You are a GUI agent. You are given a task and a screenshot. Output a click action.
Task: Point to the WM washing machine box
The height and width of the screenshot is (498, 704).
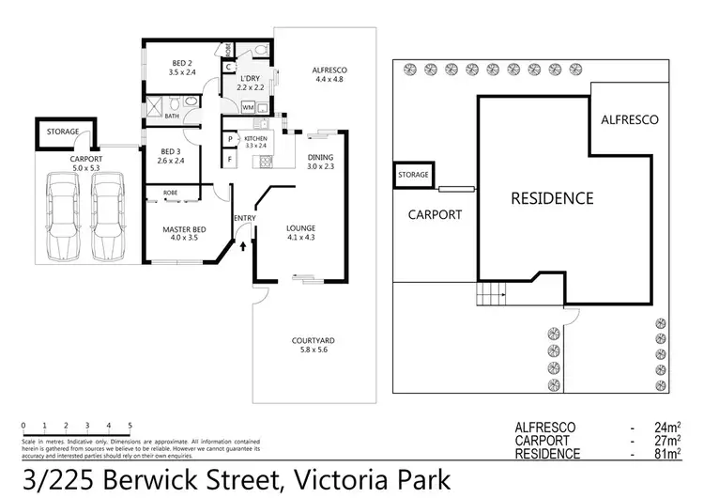(249, 108)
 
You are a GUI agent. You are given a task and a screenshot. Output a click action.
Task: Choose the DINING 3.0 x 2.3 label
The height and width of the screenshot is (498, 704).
(320, 162)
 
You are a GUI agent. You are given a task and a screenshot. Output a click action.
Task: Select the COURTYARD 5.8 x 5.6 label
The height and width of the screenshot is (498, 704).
(314, 344)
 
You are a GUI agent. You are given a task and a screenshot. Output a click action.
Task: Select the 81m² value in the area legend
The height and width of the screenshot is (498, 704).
(667, 455)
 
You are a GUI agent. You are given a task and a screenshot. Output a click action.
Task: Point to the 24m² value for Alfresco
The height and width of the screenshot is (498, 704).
(667, 428)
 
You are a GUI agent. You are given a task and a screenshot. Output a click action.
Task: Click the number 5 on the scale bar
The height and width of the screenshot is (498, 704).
(130, 426)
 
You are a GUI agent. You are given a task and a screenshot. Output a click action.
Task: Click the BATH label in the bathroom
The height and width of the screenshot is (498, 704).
(172, 117)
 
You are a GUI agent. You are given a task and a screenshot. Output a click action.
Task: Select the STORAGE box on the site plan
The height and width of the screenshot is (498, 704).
(413, 175)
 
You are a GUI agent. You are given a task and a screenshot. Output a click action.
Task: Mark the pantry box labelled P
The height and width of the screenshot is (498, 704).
(230, 140)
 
